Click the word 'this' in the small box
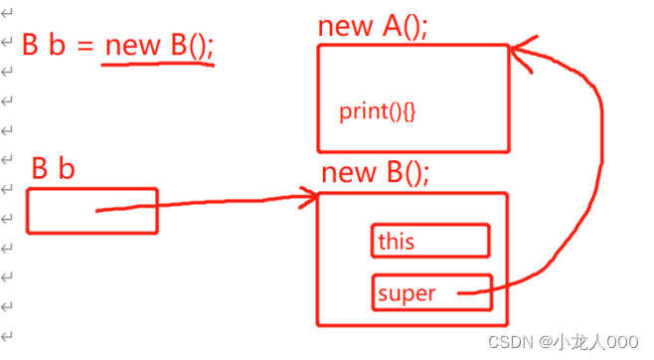coord(396,241)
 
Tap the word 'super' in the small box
coord(408,293)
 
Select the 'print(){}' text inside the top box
coord(378,110)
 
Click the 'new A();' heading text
coord(373,26)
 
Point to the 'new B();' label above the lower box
coord(376,173)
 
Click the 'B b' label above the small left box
coord(53,169)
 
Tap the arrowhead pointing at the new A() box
coord(519,52)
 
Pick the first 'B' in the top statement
coord(31,45)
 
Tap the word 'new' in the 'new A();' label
coord(342,27)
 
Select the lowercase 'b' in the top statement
coord(57,45)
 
